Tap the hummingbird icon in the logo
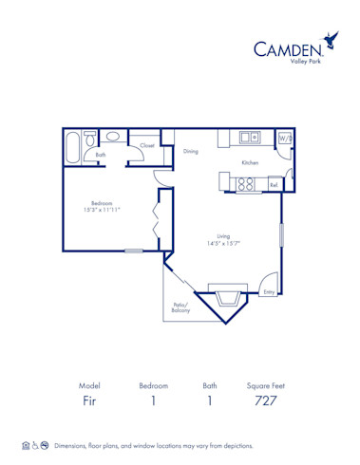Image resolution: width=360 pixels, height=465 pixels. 332,40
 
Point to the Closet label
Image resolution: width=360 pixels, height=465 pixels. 147,146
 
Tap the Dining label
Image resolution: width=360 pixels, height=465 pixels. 191,151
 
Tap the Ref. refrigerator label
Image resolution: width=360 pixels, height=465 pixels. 274,185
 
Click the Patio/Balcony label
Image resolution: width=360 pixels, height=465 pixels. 180,307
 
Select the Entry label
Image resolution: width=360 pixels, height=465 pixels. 269,291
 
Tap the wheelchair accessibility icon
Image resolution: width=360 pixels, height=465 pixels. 36,445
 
